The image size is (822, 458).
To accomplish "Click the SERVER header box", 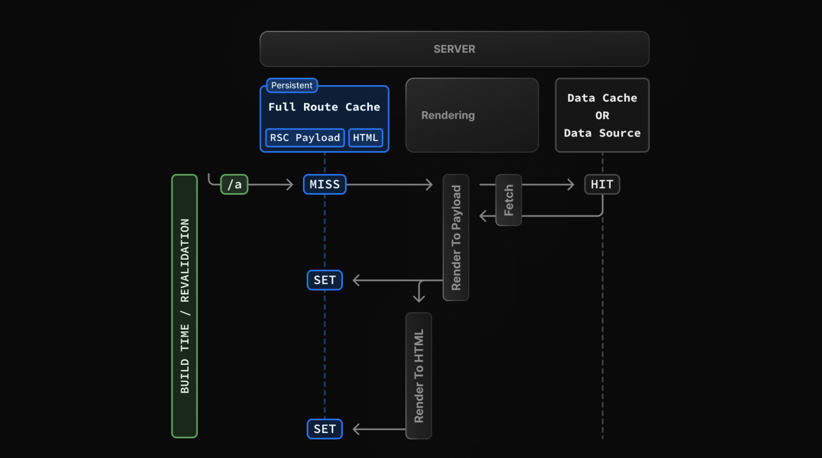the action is click(455, 49).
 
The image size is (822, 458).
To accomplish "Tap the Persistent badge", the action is click(292, 85).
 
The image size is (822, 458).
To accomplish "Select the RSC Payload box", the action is click(305, 138).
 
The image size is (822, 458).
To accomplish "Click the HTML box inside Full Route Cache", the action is click(365, 138).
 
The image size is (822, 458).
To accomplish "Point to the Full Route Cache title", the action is click(324, 107).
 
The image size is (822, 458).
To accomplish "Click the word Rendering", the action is click(448, 115).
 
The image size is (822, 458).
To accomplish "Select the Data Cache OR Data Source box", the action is click(602, 115).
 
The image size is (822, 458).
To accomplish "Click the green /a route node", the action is click(234, 185).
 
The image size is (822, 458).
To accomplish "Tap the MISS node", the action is click(325, 185).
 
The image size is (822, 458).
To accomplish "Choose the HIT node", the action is click(602, 185).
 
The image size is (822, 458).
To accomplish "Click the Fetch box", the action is click(509, 200).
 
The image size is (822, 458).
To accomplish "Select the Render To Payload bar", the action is click(456, 237).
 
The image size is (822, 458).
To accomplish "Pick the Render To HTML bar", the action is click(419, 376).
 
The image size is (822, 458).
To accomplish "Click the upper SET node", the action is click(325, 280).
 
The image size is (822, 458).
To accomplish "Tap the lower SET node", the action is click(325, 429).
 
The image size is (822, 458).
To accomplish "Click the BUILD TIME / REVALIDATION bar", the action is click(185, 306).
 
